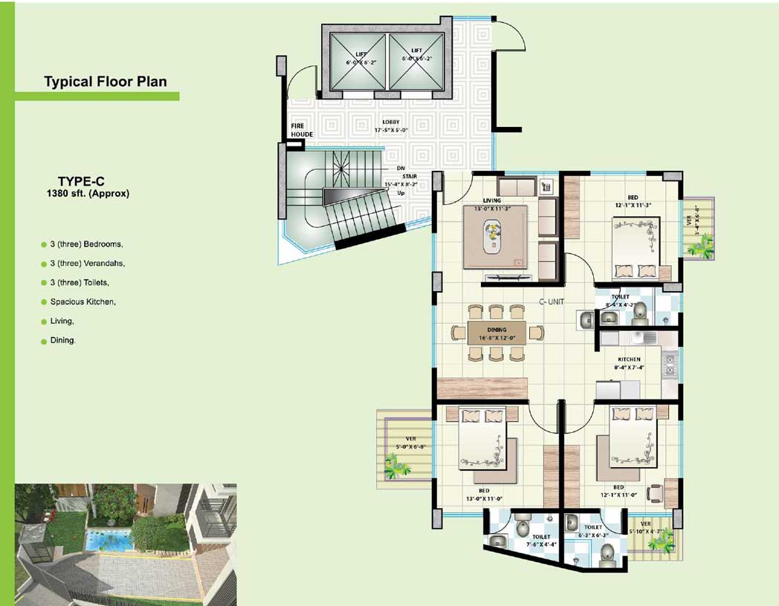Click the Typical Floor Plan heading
pyautogui.click(x=105, y=82)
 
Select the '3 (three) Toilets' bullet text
pyautogui.click(x=80, y=283)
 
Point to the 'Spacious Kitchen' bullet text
pyautogui.click(x=83, y=302)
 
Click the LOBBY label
pyautogui.click(x=391, y=122)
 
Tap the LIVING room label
pyautogui.click(x=491, y=201)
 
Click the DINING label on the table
pyautogui.click(x=497, y=330)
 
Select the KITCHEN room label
pyautogui.click(x=629, y=359)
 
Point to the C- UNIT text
pyautogui.click(x=554, y=303)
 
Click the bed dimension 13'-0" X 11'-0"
pyautogui.click(x=485, y=498)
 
